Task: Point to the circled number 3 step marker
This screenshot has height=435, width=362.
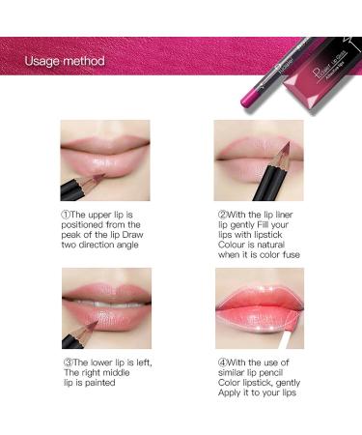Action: click(x=66, y=362)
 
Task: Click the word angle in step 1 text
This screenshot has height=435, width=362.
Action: click(x=132, y=245)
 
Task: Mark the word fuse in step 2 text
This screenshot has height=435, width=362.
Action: click(x=289, y=255)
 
